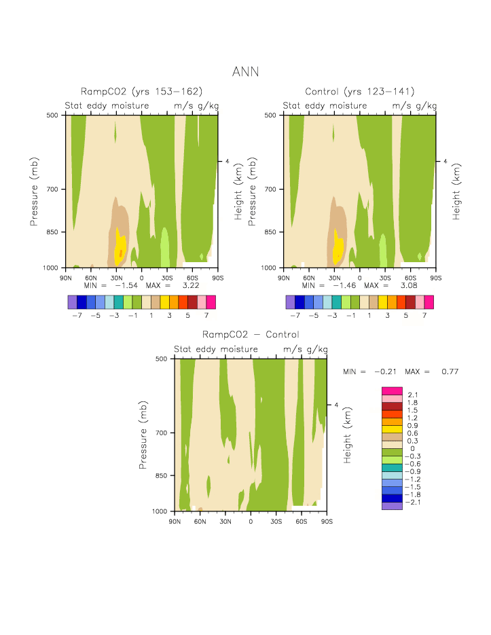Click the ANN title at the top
[x=245, y=71]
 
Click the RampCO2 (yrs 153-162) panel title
[x=142, y=92]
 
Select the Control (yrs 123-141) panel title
[x=360, y=92]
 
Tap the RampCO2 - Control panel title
[x=251, y=335]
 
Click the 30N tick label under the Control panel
[x=334, y=278]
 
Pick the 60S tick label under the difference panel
[x=301, y=521]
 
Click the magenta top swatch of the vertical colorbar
[x=393, y=391]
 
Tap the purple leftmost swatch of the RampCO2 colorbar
[x=73, y=302]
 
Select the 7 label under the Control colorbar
[x=424, y=316]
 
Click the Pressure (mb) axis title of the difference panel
[x=143, y=434]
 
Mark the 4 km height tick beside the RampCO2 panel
[x=228, y=162]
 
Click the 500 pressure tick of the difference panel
[x=163, y=359]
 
